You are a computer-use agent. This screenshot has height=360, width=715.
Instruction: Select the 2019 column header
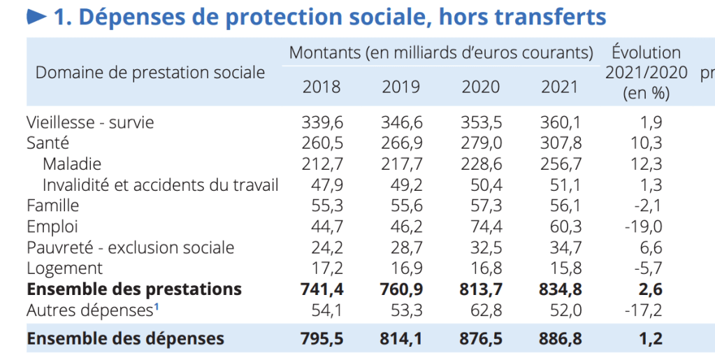point(401,87)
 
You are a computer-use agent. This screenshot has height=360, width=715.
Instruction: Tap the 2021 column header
point(560,87)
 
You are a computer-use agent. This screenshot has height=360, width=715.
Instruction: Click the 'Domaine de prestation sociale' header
point(150,73)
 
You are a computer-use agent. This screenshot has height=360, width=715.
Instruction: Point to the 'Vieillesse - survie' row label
point(90,122)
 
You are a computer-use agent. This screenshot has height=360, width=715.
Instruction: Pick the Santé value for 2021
point(561,143)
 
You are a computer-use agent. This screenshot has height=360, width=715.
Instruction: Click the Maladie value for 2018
point(322,164)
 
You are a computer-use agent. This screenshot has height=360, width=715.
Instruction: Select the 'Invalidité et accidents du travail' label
point(160,185)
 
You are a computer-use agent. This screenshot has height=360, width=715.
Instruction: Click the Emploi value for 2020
point(481,226)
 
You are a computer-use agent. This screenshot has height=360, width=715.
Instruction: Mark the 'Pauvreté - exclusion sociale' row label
point(130,247)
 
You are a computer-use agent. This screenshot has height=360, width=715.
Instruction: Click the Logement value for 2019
point(401,268)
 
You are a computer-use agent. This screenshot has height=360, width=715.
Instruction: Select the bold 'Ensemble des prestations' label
point(134,289)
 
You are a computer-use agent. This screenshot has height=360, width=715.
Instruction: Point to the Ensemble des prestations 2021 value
point(561,289)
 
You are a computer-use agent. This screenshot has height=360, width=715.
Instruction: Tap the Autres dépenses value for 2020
point(481,310)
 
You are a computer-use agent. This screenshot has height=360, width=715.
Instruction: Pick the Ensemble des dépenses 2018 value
point(322,339)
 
